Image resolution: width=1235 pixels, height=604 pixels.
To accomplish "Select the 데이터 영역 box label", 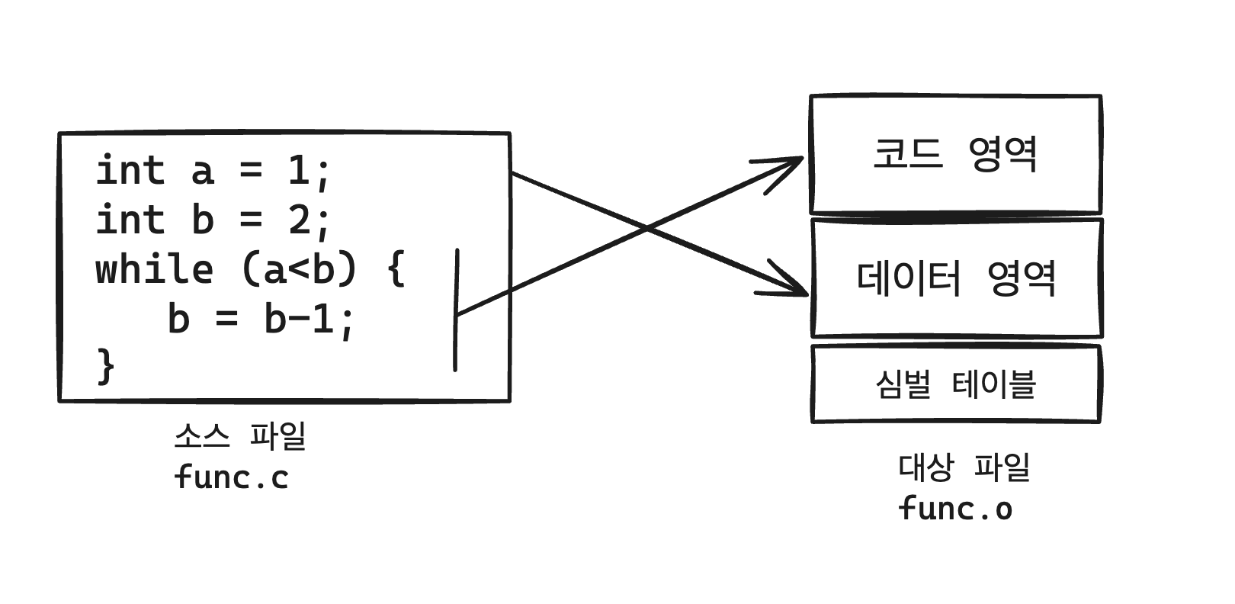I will [x=956, y=278].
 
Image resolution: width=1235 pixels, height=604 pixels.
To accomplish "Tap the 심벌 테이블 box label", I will [x=955, y=384].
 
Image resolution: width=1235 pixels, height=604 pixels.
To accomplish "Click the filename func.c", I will [x=231, y=477].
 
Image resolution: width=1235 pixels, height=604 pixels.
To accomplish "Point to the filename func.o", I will [x=955, y=509].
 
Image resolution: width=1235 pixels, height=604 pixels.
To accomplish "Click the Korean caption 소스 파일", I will [x=239, y=436].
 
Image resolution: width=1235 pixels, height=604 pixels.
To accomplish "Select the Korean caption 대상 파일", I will [x=964, y=467].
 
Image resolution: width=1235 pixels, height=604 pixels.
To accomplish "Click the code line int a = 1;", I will [x=213, y=170].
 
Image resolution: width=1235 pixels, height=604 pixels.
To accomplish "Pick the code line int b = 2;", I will [x=213, y=220].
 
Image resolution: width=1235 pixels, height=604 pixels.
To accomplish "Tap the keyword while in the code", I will [x=154, y=270].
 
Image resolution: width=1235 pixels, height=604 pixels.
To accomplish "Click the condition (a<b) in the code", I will [x=299, y=270].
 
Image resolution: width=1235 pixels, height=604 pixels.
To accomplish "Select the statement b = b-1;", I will [x=261, y=319].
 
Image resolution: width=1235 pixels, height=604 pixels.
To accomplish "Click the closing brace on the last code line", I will [x=106, y=367].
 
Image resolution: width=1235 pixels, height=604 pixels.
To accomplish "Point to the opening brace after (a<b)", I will [x=396, y=270].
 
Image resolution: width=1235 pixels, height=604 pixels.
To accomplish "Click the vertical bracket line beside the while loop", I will [x=456, y=309].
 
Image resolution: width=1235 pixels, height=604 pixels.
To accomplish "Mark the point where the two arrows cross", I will [x=646, y=228].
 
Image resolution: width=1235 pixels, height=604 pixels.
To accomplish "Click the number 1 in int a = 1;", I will [x=297, y=170].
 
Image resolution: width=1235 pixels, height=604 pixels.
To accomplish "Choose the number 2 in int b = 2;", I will [x=298, y=220].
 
